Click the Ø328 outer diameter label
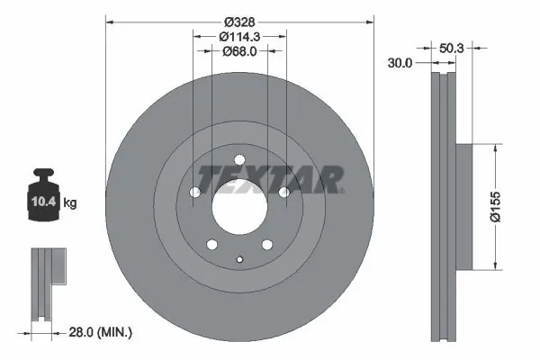[x=239, y=21]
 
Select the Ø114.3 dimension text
[x=239, y=37]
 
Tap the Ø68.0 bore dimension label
[x=239, y=51]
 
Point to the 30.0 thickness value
[x=400, y=63]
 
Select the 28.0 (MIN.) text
[x=101, y=333]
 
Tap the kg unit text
[x=69, y=203]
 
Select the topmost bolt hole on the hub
[x=239, y=161]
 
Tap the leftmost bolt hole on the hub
[x=193, y=192]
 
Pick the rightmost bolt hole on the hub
[x=284, y=192]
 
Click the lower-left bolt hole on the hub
[x=211, y=244]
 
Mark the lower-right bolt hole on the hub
[x=267, y=244]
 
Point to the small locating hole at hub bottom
[x=239, y=260]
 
